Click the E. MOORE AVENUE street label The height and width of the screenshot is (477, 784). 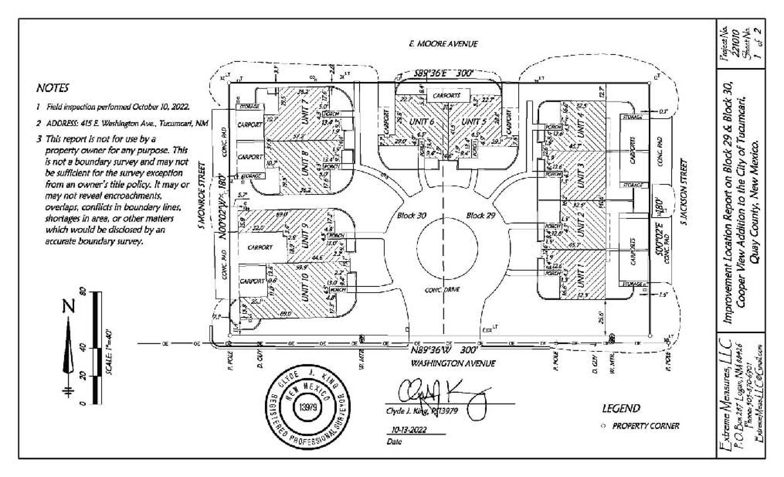tap(443, 44)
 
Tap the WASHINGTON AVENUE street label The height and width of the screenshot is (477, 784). tap(453, 363)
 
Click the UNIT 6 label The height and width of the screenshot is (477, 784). tap(422, 121)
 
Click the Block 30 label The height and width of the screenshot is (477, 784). tap(411, 215)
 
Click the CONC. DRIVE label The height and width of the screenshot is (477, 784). tap(442, 290)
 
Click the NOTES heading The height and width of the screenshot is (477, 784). tap(53, 88)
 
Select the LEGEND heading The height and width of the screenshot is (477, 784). tap(621, 408)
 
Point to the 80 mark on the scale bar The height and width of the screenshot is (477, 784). tap(83, 291)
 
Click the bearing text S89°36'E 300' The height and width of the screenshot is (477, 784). tap(444, 73)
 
